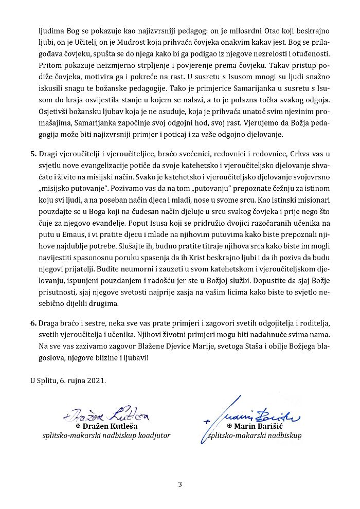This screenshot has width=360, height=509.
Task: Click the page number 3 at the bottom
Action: [x=180, y=484]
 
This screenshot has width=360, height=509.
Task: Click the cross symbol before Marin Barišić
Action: [x=229, y=426]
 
